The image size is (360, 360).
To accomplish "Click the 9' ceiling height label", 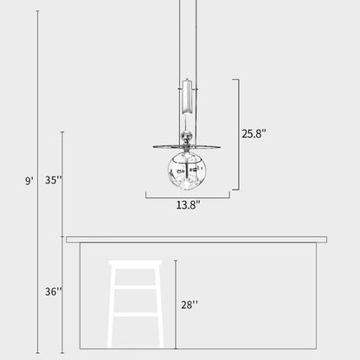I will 29,181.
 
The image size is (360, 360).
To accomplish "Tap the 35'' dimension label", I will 54,181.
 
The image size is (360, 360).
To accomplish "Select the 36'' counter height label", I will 54,292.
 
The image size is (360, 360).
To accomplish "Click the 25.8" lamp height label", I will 254,134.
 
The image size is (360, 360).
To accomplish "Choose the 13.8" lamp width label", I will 188,206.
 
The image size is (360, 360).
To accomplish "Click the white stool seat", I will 135,264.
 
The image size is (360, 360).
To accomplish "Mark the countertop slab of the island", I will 196,239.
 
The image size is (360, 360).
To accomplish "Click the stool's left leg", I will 113,312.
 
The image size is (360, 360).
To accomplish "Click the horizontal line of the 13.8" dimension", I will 187,196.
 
